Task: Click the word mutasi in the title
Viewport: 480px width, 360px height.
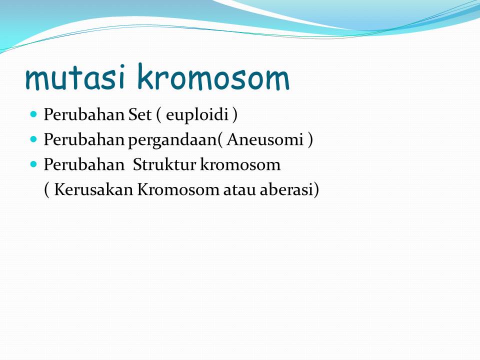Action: click(x=75, y=77)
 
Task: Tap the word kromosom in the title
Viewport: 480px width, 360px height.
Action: click(x=213, y=76)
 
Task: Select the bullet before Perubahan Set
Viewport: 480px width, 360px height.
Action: click(x=33, y=114)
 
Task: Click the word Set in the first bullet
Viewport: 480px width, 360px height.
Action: click(x=140, y=115)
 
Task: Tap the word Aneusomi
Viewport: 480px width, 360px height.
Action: click(x=265, y=139)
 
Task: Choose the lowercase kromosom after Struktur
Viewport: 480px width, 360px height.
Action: click(x=240, y=164)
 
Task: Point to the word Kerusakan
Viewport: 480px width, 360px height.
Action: click(x=93, y=189)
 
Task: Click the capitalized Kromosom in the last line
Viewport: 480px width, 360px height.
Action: click(x=178, y=189)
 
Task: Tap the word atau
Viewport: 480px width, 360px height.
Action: click(x=239, y=190)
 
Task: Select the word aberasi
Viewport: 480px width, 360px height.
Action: click(x=286, y=189)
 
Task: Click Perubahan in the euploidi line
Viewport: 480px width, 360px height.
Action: click(x=84, y=115)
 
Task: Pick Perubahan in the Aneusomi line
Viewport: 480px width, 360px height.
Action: click(x=84, y=139)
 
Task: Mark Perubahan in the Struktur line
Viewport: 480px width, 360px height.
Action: click(x=84, y=164)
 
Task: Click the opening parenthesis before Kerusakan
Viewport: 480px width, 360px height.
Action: click(x=46, y=190)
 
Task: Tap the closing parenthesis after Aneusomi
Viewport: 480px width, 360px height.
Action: click(x=310, y=140)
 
